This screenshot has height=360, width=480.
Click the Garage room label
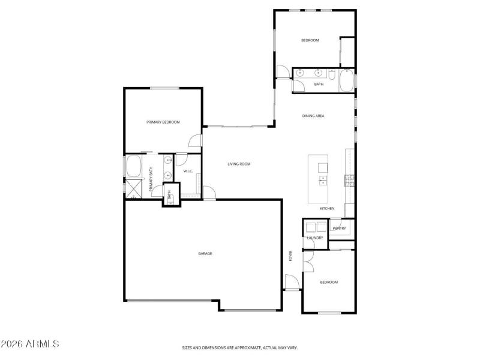[205, 253]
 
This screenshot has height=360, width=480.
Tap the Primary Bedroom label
[163, 122]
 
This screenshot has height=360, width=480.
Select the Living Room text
[239, 164]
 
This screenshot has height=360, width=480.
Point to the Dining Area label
[313, 116]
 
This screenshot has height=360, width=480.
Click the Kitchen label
[327, 208]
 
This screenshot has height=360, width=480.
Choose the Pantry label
[339, 228]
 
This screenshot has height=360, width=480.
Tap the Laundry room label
[315, 238]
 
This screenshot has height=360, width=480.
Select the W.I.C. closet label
[188, 172]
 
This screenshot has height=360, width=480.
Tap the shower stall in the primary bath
[133, 189]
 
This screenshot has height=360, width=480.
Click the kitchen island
[319, 179]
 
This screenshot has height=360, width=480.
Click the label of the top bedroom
[310, 40]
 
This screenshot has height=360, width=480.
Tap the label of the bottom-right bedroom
[328, 282]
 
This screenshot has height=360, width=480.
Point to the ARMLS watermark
[30, 344]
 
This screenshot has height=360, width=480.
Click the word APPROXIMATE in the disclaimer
[246, 347]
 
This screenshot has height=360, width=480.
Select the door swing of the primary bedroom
[195, 141]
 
